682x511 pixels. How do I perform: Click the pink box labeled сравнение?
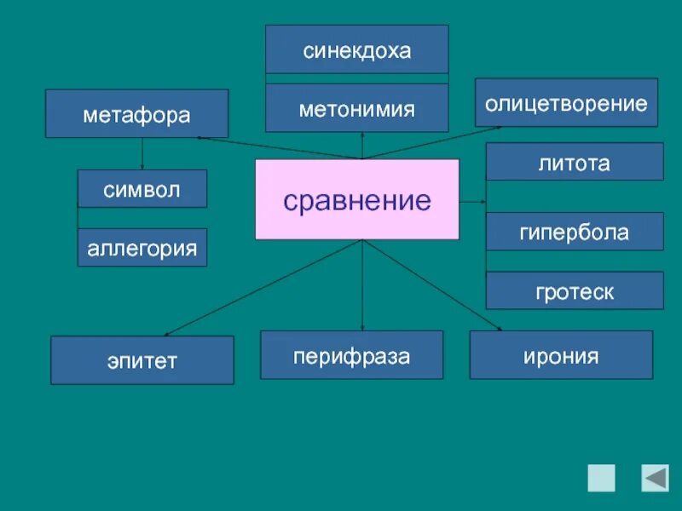pyautogui.click(x=357, y=199)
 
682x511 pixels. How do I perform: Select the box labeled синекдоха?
pyautogui.click(x=356, y=50)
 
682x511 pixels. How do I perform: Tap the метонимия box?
pyautogui.click(x=356, y=108)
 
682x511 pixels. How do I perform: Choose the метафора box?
pyautogui.click(x=136, y=114)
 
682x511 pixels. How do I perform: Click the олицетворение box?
pyautogui.click(x=566, y=103)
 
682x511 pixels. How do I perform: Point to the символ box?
pyautogui.click(x=142, y=189)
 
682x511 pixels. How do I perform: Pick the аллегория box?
pyautogui.click(x=142, y=248)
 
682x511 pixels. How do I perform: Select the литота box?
pyautogui.click(x=575, y=162)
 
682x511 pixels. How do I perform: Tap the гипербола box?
pyautogui.click(x=575, y=232)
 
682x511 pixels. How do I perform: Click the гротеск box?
pyautogui.click(x=575, y=291)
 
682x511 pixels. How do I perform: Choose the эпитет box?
pyautogui.click(x=142, y=360)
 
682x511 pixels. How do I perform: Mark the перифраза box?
pyautogui.click(x=351, y=355)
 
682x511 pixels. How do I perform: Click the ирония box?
pyautogui.click(x=561, y=355)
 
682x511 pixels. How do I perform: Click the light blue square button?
pyautogui.click(x=601, y=478)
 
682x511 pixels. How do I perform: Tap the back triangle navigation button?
pyautogui.click(x=656, y=478)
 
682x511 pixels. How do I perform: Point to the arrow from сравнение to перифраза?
pyautogui.click(x=363, y=285)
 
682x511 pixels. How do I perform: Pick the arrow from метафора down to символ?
pyautogui.click(x=142, y=154)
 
